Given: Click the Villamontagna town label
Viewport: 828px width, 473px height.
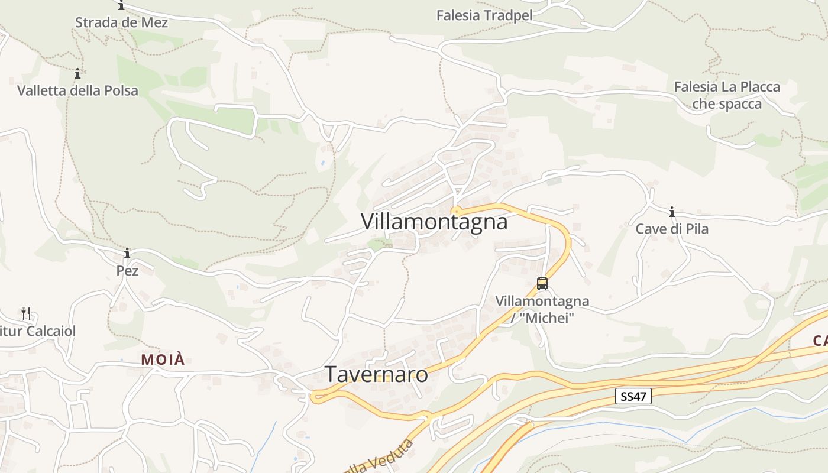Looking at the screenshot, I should pos(434,222).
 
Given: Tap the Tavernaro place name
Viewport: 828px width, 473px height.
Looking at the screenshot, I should pos(376,374).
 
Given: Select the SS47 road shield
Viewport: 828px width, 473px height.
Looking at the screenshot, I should pos(633,396).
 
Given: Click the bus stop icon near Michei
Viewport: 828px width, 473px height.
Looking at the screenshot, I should pos(542,283).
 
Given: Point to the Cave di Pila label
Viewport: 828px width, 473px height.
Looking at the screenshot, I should pos(672,229).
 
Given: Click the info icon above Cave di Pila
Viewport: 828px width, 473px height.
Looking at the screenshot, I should pos(672,212).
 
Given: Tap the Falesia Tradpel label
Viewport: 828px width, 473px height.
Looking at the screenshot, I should pos(484,15).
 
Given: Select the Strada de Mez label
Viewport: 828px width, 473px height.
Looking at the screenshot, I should pos(121,23).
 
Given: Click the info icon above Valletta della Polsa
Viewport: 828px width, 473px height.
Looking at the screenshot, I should pos(77,74).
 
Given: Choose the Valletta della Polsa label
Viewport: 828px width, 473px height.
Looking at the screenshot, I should pos(77,90).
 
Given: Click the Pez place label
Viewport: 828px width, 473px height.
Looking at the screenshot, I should pos(127,271).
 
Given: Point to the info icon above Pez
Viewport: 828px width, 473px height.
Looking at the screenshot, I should pos(127,254).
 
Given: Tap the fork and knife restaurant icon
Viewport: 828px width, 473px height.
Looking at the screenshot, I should pos(26,313).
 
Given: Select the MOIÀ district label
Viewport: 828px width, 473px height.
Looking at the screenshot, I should pos(163,359).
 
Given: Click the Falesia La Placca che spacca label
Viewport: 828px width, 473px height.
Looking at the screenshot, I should pos(727,95).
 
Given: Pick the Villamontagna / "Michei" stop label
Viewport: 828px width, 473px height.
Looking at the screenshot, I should pos(542,309).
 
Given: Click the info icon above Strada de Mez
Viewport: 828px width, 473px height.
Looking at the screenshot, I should pos(121,6).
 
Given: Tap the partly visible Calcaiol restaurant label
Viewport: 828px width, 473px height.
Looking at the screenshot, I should pos(38,331).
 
